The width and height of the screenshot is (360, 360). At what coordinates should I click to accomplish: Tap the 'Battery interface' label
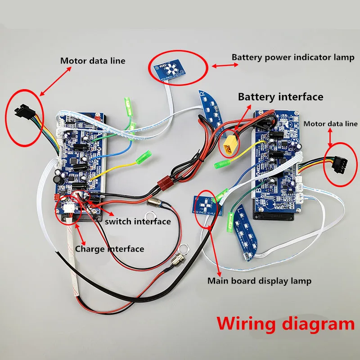click(x=280, y=96)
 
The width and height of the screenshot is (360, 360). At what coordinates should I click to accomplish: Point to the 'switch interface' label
click(x=138, y=221)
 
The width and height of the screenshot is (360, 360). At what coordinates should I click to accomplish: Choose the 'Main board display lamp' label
click(x=259, y=281)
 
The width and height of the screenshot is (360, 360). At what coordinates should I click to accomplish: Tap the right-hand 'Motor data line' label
click(x=331, y=124)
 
